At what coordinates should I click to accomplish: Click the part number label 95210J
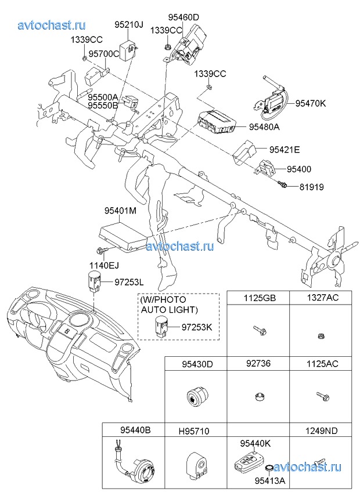[128, 25]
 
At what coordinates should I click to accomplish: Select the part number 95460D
[183, 17]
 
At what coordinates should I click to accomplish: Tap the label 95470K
[311, 104]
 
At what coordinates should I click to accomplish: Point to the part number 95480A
[264, 127]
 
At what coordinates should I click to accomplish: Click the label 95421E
[285, 150]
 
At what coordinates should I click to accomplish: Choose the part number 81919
[312, 187]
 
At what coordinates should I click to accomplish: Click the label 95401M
[120, 211]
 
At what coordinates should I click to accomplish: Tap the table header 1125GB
[259, 298]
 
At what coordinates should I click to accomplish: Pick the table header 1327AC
[322, 298]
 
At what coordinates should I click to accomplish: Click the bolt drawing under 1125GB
[258, 331]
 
